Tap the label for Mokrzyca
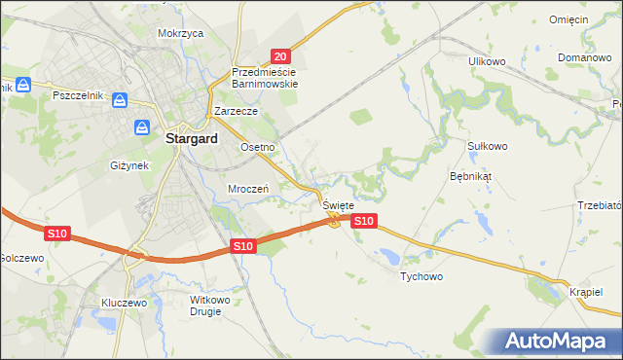[180, 33]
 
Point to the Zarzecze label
[229, 112]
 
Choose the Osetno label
[258, 147]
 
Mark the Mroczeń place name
[247, 189]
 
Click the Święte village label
[338, 206]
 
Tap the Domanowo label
[584, 57]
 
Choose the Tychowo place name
[421, 277]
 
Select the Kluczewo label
[124, 303]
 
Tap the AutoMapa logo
[558, 342]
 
